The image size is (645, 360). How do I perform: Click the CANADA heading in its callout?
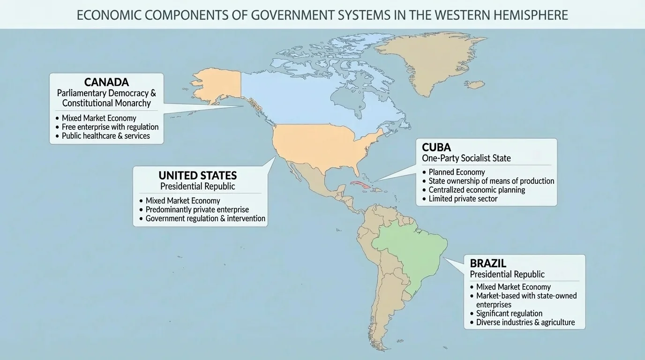pos(106,82)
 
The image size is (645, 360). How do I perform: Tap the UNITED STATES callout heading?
pos(197,175)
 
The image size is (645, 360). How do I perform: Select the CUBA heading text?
pos(436,147)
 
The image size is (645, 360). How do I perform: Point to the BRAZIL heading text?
pos(488,263)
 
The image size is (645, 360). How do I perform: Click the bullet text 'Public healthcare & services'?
pos(105,136)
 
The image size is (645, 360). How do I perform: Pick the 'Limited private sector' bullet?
pos(463,199)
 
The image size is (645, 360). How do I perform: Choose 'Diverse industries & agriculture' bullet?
pos(525,322)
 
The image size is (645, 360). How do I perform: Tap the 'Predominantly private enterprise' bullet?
pos(197,210)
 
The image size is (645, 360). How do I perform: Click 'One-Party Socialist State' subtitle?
pos(466,158)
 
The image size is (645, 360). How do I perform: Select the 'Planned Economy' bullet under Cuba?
pos(457,172)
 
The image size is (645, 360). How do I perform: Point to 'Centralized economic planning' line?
pos(476,190)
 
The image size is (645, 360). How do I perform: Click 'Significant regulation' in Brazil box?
pos(509,314)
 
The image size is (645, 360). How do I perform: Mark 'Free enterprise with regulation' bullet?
pos(110,127)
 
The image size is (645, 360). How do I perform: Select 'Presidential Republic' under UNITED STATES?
pos(197,187)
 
